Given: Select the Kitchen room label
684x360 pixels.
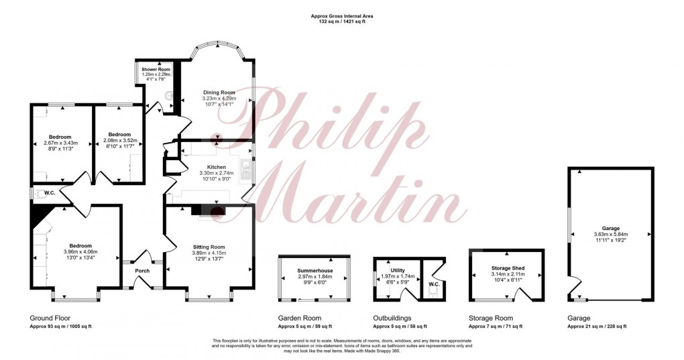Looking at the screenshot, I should (x=216, y=167).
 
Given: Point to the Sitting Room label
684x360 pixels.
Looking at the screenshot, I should (x=209, y=247).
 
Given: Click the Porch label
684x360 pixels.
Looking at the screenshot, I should (x=142, y=271).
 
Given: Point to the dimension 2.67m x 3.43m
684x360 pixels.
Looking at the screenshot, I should (x=60, y=143).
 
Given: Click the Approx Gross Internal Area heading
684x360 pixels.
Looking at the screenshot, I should (x=342, y=15).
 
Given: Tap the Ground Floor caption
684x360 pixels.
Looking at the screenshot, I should (x=50, y=318).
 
